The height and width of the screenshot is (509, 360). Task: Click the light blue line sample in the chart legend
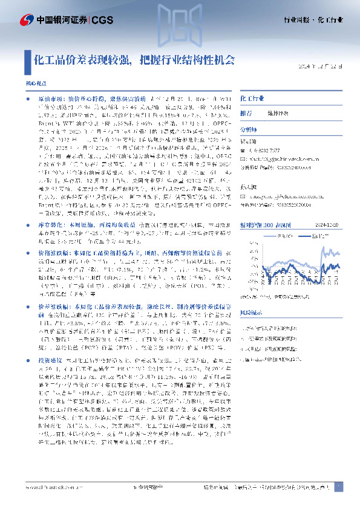click(x=309, y=218)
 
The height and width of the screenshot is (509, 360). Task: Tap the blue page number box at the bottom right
click(x=338, y=487)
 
